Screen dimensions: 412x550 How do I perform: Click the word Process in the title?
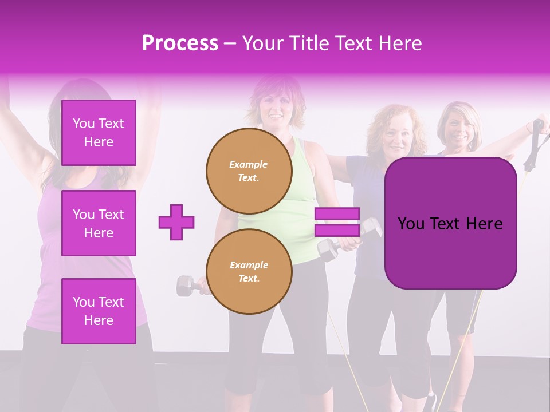(180, 43)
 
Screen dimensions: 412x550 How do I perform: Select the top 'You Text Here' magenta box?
(99, 133)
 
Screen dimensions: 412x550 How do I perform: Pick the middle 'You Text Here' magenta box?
(99, 223)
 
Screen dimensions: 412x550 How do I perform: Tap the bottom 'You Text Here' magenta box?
(99, 311)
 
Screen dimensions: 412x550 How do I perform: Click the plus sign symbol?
(176, 222)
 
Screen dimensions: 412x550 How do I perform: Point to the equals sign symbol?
(337, 222)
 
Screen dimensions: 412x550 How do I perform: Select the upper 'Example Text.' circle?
(249, 171)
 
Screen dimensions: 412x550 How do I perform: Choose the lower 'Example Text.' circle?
(249, 271)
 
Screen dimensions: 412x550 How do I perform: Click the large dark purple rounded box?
(450, 223)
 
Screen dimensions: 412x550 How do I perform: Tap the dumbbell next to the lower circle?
(188, 285)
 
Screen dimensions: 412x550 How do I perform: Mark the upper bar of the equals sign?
(337, 214)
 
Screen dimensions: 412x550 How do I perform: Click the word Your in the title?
(262, 43)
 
